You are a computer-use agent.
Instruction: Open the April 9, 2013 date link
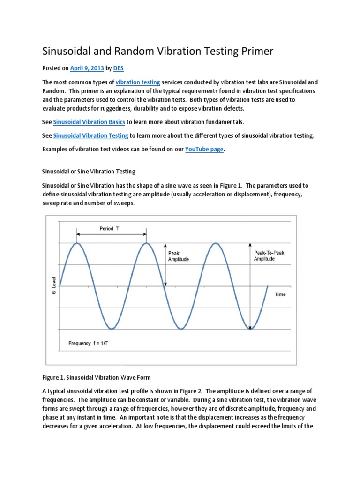coord(87,68)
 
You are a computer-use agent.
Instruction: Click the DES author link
coord(118,68)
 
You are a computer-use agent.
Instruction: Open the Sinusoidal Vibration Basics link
coord(89,122)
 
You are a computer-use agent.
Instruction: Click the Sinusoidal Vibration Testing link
coord(90,135)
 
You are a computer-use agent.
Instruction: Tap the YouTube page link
coord(204,149)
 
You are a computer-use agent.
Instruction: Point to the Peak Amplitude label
coord(178,256)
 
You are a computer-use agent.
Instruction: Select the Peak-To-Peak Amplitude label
coord(269,255)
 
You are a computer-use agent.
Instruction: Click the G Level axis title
coord(53,286)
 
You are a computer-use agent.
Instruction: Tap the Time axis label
coord(280,294)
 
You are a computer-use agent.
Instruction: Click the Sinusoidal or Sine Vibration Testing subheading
coord(89,171)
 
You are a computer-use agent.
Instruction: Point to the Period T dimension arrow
coord(112,234)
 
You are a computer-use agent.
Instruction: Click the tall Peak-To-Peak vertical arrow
coord(250,286)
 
